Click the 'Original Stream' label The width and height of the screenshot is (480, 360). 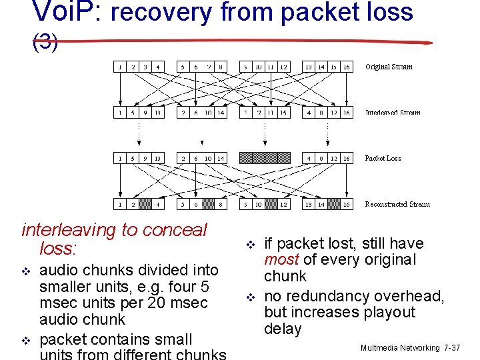tap(389, 67)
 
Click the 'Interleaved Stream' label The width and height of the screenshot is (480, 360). tap(393, 113)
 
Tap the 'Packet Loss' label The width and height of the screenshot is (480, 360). tap(383, 159)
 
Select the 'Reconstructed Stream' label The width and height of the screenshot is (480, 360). tap(397, 204)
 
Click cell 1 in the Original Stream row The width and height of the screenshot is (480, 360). tap(119, 67)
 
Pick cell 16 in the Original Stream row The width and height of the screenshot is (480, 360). tap(347, 67)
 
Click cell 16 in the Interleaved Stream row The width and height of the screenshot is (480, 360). tap(347, 113)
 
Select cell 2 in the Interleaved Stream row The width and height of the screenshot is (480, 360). tap(183, 113)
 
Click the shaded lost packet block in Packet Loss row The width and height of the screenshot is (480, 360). tap(265, 159)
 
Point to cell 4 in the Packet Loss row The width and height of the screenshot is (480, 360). tap(309, 159)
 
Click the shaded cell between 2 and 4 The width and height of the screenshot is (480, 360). tap(145, 204)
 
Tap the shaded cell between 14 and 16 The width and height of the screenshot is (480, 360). tap(334, 204)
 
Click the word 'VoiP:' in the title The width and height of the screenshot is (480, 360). tap(63, 12)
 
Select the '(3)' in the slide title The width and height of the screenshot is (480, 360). tap(45, 43)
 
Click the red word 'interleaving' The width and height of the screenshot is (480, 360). tap(67, 230)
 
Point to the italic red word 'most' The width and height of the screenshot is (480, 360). tap(281, 260)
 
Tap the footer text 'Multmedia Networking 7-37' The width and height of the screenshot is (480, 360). tap(410, 348)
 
